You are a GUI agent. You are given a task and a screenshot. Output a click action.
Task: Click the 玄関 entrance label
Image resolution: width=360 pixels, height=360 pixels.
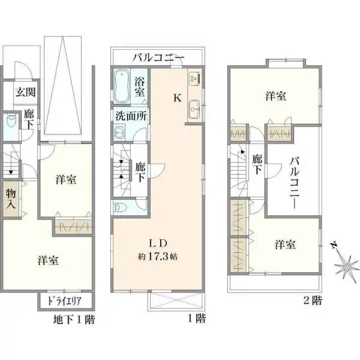pyautogui.click(x=24, y=92)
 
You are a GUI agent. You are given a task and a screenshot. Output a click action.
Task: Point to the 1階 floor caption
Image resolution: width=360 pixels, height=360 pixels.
pyautogui.click(x=196, y=319)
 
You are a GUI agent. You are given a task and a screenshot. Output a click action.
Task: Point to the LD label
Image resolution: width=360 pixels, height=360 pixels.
pyautogui.click(x=157, y=243)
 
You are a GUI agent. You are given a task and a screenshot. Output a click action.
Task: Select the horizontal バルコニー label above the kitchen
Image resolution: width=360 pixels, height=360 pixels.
pyautogui.click(x=158, y=58)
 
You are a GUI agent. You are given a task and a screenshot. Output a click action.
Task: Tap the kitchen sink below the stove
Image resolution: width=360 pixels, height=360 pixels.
pyautogui.click(x=194, y=108)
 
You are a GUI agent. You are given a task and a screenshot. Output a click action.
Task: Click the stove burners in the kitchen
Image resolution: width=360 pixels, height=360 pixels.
pyautogui.click(x=194, y=79)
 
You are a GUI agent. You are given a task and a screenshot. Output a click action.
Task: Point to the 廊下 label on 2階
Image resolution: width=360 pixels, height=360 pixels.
pyautogui.click(x=257, y=164)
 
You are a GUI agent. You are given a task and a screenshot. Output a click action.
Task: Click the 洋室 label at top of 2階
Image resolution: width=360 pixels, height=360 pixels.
pyautogui.click(x=275, y=96)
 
